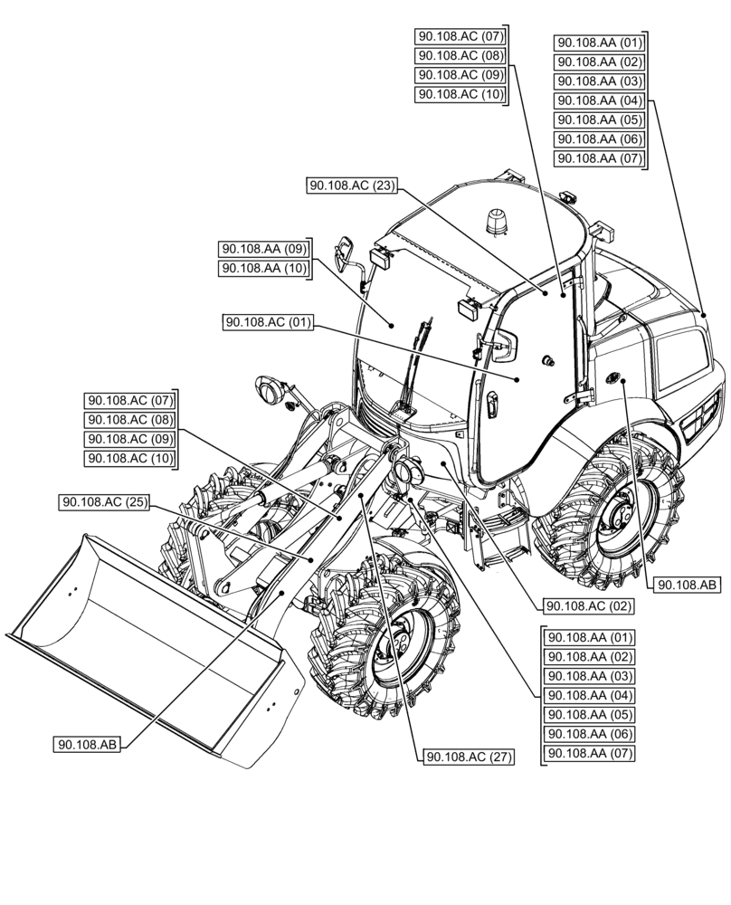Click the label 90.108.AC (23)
tap(353, 186)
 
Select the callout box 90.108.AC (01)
tap(268, 322)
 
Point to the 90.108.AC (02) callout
tap(586, 605)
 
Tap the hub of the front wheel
tap(398, 643)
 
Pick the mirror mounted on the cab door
tap(508, 345)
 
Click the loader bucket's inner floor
tap(136, 643)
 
